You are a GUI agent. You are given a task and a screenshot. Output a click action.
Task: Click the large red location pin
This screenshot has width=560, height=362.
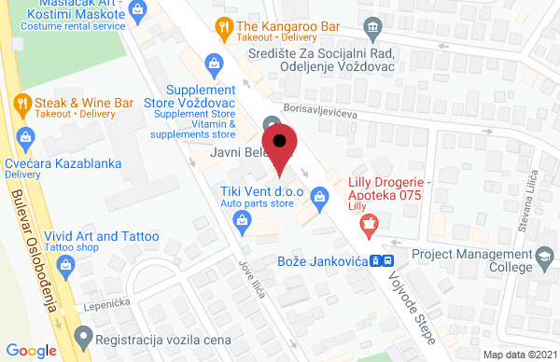click(283, 149)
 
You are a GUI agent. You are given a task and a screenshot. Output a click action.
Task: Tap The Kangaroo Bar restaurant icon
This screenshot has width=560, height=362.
click(223, 26)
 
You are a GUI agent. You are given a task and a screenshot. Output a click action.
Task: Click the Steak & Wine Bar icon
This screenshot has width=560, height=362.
click(21, 101)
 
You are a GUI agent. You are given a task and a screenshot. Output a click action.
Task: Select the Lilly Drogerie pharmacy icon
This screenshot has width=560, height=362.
click(371, 224)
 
